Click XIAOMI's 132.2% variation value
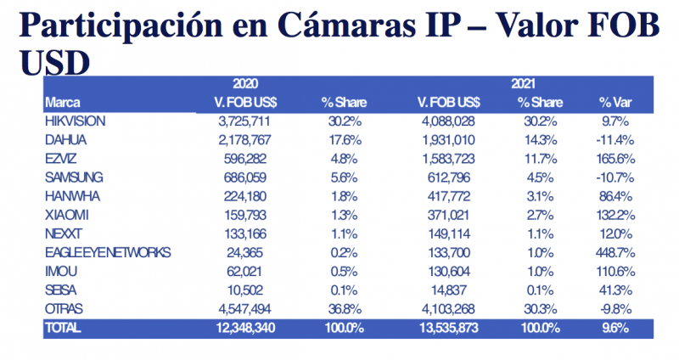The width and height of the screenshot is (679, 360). [616, 216]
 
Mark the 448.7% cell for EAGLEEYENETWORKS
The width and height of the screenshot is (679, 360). [616, 253]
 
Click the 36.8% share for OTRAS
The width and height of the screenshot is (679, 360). [345, 309]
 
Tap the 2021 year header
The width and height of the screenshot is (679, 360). [523, 84]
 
